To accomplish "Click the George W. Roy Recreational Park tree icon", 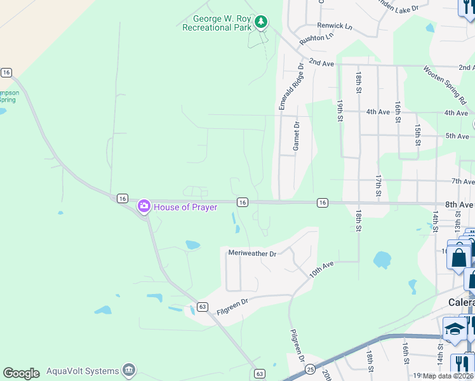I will tap(260, 23).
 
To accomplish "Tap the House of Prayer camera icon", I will tap(144, 206).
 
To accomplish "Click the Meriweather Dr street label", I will tap(252, 253).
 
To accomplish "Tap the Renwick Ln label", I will tap(335, 26).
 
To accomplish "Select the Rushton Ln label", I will tap(316, 37).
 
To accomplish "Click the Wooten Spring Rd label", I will tap(445, 85).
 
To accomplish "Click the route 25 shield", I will tap(311, 369).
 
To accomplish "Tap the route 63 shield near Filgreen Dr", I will tap(203, 307).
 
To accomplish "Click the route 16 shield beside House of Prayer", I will tap(122, 199).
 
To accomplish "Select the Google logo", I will tap(21, 373).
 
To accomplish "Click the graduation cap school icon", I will tap(455, 329).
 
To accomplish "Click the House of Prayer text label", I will tap(185, 207).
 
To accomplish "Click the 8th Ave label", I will tap(459, 205).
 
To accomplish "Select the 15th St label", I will tap(418, 135).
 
